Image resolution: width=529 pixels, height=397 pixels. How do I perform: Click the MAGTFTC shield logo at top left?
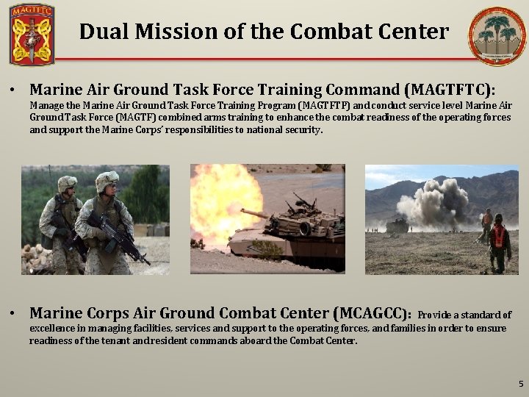(x=32, y=35)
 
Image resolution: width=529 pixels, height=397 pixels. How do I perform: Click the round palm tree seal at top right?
(x=497, y=34)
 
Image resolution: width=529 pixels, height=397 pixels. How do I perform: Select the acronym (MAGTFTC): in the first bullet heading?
(x=450, y=90)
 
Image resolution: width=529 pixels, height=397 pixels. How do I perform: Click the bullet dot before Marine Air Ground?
(x=14, y=91)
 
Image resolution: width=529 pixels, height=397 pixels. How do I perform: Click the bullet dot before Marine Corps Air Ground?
(x=14, y=315)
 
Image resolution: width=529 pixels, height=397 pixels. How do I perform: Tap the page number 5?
(x=520, y=383)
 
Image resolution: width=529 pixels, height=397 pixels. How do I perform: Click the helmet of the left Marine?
(x=67, y=183)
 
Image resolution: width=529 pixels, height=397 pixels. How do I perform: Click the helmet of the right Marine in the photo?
(x=107, y=179)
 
